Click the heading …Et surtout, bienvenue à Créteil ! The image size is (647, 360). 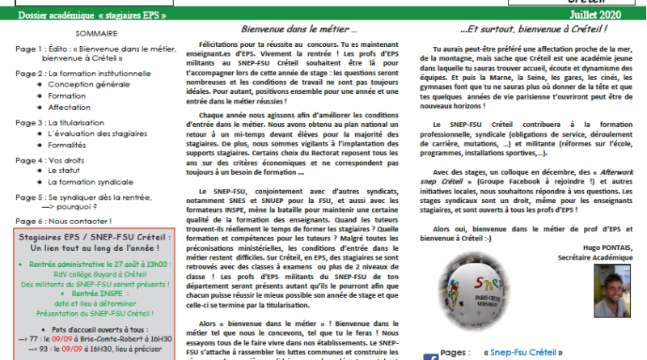tap(521, 28)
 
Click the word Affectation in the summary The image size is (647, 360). tap(70, 106)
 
